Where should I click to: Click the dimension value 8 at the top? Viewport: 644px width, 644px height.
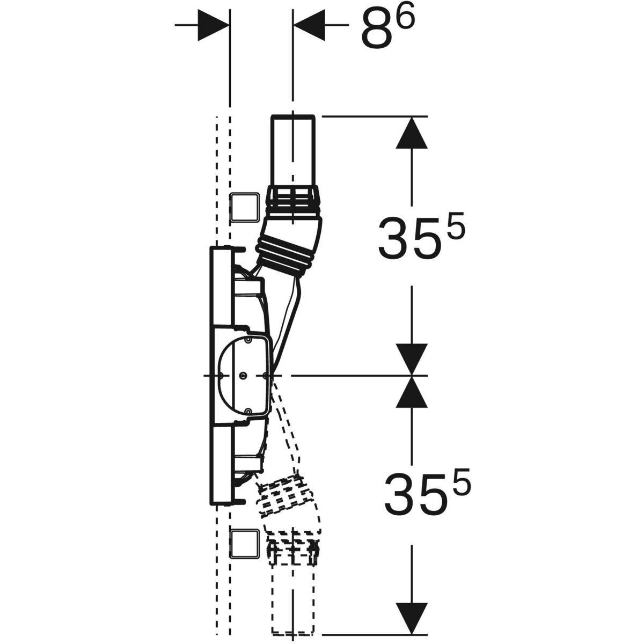pyautogui.click(x=377, y=31)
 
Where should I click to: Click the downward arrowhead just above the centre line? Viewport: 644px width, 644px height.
pyautogui.click(x=412, y=359)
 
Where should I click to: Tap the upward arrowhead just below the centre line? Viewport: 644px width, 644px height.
pyautogui.click(x=412, y=392)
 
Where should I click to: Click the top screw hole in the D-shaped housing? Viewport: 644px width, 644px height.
pyautogui.click(x=248, y=339)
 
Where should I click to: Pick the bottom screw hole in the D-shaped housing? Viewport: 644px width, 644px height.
pyautogui.click(x=248, y=412)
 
